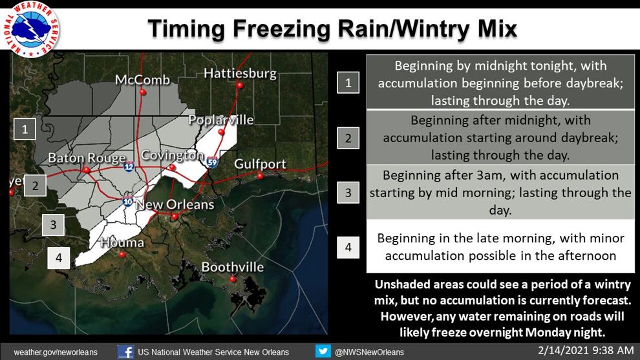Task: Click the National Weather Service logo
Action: click(31, 28)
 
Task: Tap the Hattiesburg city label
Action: click(240, 74)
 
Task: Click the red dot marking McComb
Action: click(142, 92)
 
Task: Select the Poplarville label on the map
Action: click(221, 120)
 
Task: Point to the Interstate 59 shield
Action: click(212, 162)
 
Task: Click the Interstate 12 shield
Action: click(129, 166)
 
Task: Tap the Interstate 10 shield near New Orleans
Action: click(128, 201)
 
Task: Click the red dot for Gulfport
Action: click(260, 176)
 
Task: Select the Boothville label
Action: click(233, 267)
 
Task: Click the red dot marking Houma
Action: click(122, 255)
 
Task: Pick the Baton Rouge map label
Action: click(87, 158)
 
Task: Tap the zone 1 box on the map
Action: click(25, 129)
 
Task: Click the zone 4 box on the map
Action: click(59, 258)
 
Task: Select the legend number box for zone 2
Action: click(348, 138)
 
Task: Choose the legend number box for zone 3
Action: click(348, 192)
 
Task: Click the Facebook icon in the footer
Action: click(125, 352)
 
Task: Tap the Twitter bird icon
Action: click(323, 351)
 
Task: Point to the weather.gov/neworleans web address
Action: click(56, 352)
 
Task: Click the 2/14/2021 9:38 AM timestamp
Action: click(586, 350)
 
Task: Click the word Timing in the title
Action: click(187, 29)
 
